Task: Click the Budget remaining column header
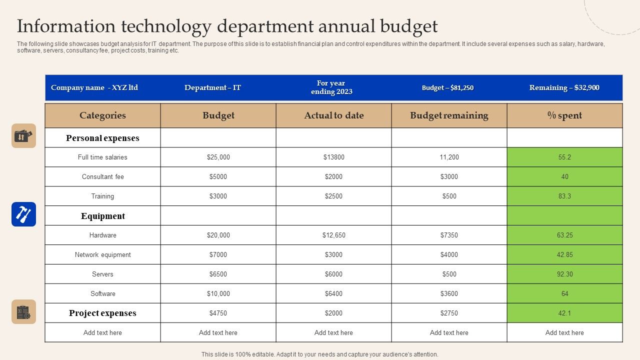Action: pyautogui.click(x=449, y=115)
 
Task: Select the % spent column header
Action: pyautogui.click(x=564, y=115)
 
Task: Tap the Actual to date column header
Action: pyautogui.click(x=333, y=115)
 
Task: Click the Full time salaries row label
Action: pyautogui.click(x=102, y=157)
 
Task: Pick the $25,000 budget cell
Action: pyautogui.click(x=218, y=157)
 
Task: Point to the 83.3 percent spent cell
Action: pyautogui.click(x=564, y=196)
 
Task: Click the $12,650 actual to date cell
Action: pyautogui.click(x=333, y=235)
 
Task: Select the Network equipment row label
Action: pyautogui.click(x=102, y=254)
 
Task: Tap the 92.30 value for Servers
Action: pyautogui.click(x=564, y=274)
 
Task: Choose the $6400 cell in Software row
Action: pyautogui.click(x=333, y=293)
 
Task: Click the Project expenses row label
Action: pyautogui.click(x=102, y=313)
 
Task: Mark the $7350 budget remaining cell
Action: pyautogui.click(x=449, y=235)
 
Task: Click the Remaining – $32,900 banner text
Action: pyautogui.click(x=564, y=87)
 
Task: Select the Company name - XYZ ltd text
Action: pyautogui.click(x=94, y=87)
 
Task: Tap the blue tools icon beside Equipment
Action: pyautogui.click(x=23, y=214)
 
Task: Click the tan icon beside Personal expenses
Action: pyautogui.click(x=23, y=136)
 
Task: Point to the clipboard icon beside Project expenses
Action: pyautogui.click(x=23, y=312)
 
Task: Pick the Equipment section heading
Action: pyautogui.click(x=102, y=216)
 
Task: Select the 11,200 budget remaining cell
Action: pyautogui.click(x=449, y=157)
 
